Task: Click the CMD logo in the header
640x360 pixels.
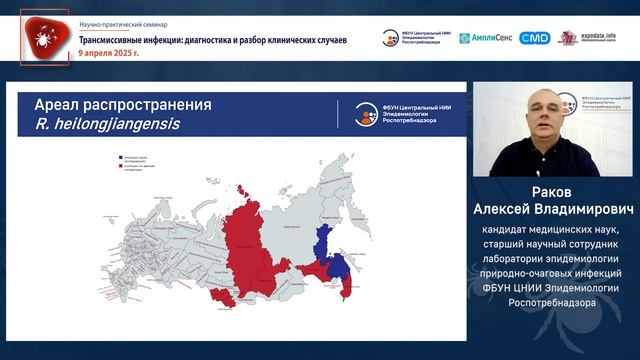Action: pos(535,38)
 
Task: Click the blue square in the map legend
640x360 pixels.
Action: pos(120,158)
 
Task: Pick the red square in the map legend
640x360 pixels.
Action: pos(120,172)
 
